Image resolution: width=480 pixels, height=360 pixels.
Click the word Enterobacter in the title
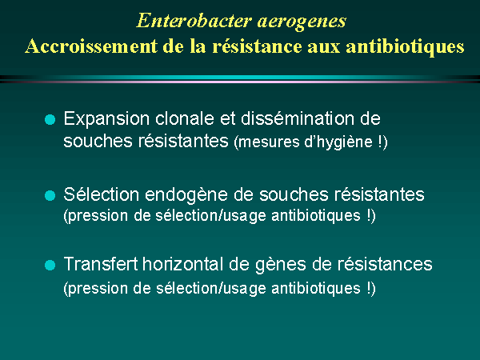194,21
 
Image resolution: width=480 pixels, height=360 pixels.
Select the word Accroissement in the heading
91,46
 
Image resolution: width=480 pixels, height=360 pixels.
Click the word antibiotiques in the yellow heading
405,47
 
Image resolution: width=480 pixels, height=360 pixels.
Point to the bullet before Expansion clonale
50,119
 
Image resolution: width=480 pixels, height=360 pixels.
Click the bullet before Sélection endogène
50,195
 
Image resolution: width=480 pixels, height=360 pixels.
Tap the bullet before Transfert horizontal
50,265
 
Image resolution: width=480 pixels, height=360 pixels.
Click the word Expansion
106,119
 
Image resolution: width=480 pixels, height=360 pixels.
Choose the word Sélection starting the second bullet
102,194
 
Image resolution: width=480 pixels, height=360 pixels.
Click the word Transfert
101,264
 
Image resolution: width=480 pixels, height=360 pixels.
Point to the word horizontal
183,264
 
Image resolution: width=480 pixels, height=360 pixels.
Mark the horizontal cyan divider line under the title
240,78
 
